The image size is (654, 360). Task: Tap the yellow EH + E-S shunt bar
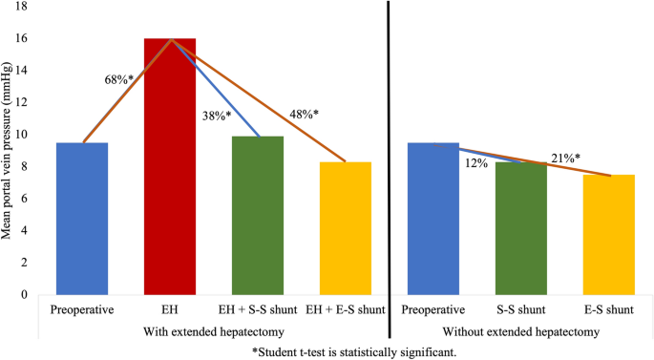(346, 228)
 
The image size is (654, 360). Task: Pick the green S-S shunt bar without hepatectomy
(520, 228)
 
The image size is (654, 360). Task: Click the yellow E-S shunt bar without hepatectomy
(608, 234)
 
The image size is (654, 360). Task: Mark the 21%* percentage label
(565, 158)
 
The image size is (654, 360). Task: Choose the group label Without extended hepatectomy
(520, 331)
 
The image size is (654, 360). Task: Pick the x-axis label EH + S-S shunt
(258, 311)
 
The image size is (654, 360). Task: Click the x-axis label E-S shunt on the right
(608, 311)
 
